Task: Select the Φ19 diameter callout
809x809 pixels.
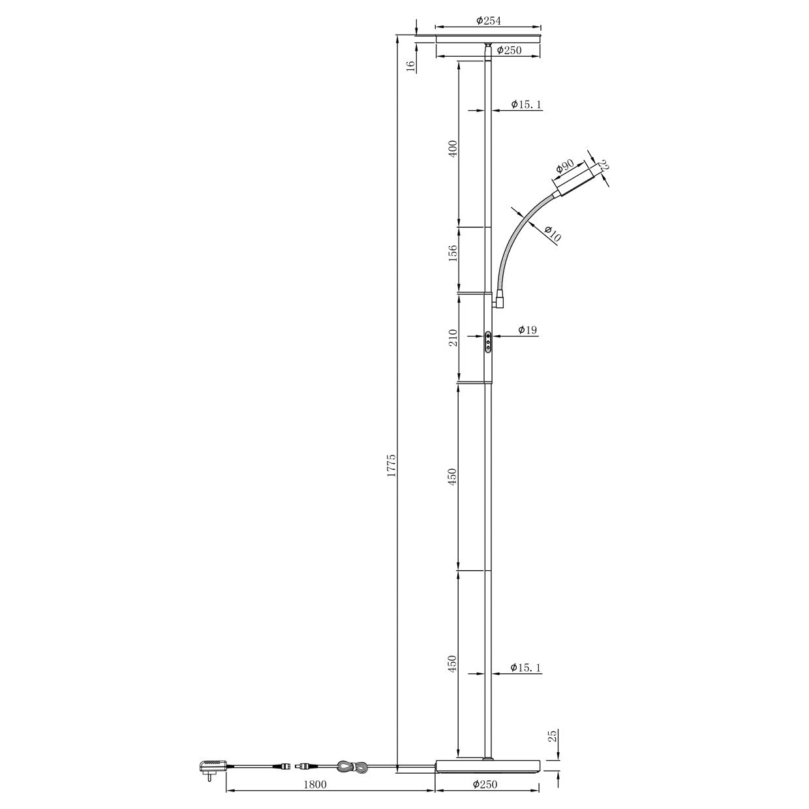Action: point(527,330)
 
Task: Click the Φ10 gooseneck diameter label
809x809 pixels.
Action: point(551,234)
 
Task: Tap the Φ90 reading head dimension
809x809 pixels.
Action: point(564,168)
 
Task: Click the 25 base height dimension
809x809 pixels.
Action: point(553,737)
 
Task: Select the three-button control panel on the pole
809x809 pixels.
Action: point(489,341)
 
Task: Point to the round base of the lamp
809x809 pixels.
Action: point(487,767)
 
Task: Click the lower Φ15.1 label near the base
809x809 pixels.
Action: point(526,667)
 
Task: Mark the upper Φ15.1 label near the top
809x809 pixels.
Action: point(526,104)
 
